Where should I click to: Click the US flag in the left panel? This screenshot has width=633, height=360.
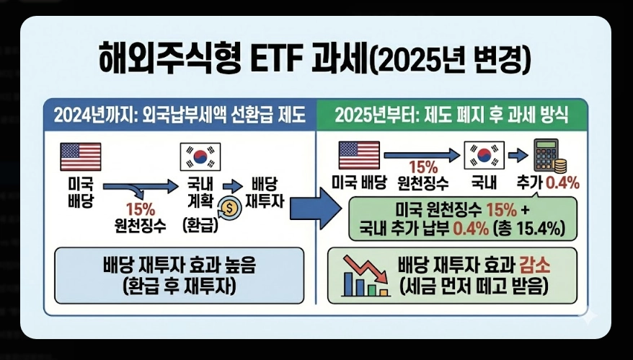pyautogui.click(x=80, y=157)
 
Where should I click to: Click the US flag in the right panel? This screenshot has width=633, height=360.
pyautogui.click(x=358, y=154)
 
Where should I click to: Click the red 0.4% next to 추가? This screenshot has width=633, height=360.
pyautogui.click(x=562, y=183)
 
